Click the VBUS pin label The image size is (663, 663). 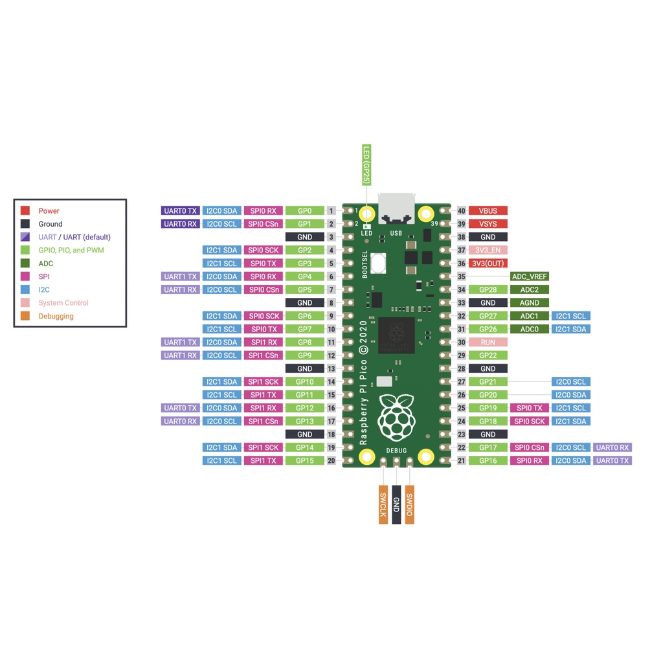(x=488, y=210)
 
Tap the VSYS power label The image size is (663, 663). (x=488, y=224)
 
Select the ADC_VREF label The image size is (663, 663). (x=529, y=276)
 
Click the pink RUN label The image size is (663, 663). (x=488, y=343)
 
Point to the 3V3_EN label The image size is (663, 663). (x=488, y=250)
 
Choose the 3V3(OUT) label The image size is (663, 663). (x=488, y=264)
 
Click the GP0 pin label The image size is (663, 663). (x=304, y=210)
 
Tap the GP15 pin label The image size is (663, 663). (x=304, y=460)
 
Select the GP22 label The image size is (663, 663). (x=488, y=355)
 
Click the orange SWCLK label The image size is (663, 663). (x=383, y=504)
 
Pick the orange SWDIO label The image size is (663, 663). (x=409, y=504)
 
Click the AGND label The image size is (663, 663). (x=529, y=303)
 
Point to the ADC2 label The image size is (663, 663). (x=529, y=289)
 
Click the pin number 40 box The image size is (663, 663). (x=461, y=210)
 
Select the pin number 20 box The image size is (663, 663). (x=331, y=460)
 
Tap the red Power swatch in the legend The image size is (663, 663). (x=25, y=210)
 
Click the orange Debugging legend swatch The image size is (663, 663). (x=25, y=316)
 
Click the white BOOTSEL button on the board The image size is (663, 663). (x=379, y=264)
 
